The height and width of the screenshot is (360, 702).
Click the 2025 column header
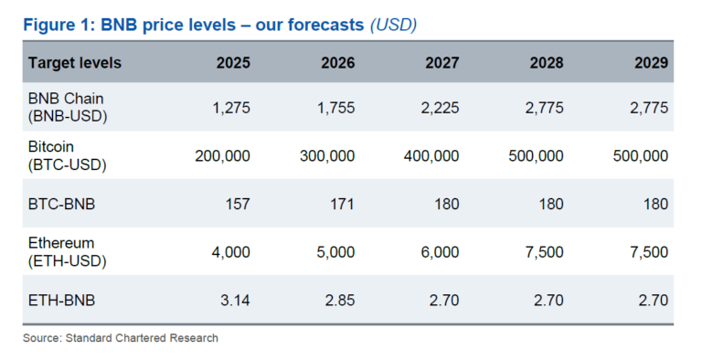click(x=232, y=63)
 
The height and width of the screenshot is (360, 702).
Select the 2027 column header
click(x=441, y=63)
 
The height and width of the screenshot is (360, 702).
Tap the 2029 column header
click(x=651, y=63)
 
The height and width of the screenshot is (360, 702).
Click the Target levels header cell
click(x=75, y=63)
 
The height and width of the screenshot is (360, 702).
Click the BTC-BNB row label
click(x=61, y=205)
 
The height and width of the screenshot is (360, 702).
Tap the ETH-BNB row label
click(x=61, y=301)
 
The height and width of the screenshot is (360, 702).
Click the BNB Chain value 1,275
click(x=230, y=108)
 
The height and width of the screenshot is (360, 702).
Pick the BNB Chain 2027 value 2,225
click(x=440, y=108)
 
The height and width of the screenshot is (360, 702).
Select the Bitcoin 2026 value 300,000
click(x=326, y=156)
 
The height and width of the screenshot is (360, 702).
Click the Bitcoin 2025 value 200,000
click(x=222, y=156)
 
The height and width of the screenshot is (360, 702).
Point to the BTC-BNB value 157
click(x=237, y=205)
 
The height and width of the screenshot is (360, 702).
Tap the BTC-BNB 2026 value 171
click(x=342, y=205)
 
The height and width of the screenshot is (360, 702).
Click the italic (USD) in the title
click(x=393, y=25)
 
